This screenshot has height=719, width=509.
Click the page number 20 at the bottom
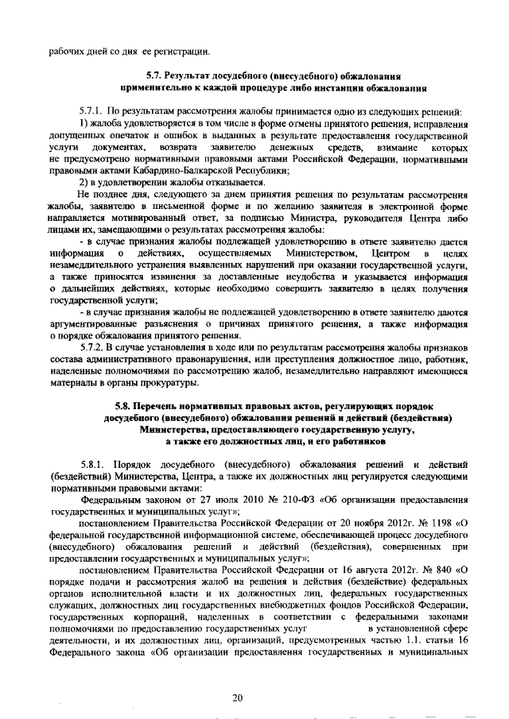(x=236, y=675)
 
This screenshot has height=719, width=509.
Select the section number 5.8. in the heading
(x=124, y=406)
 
